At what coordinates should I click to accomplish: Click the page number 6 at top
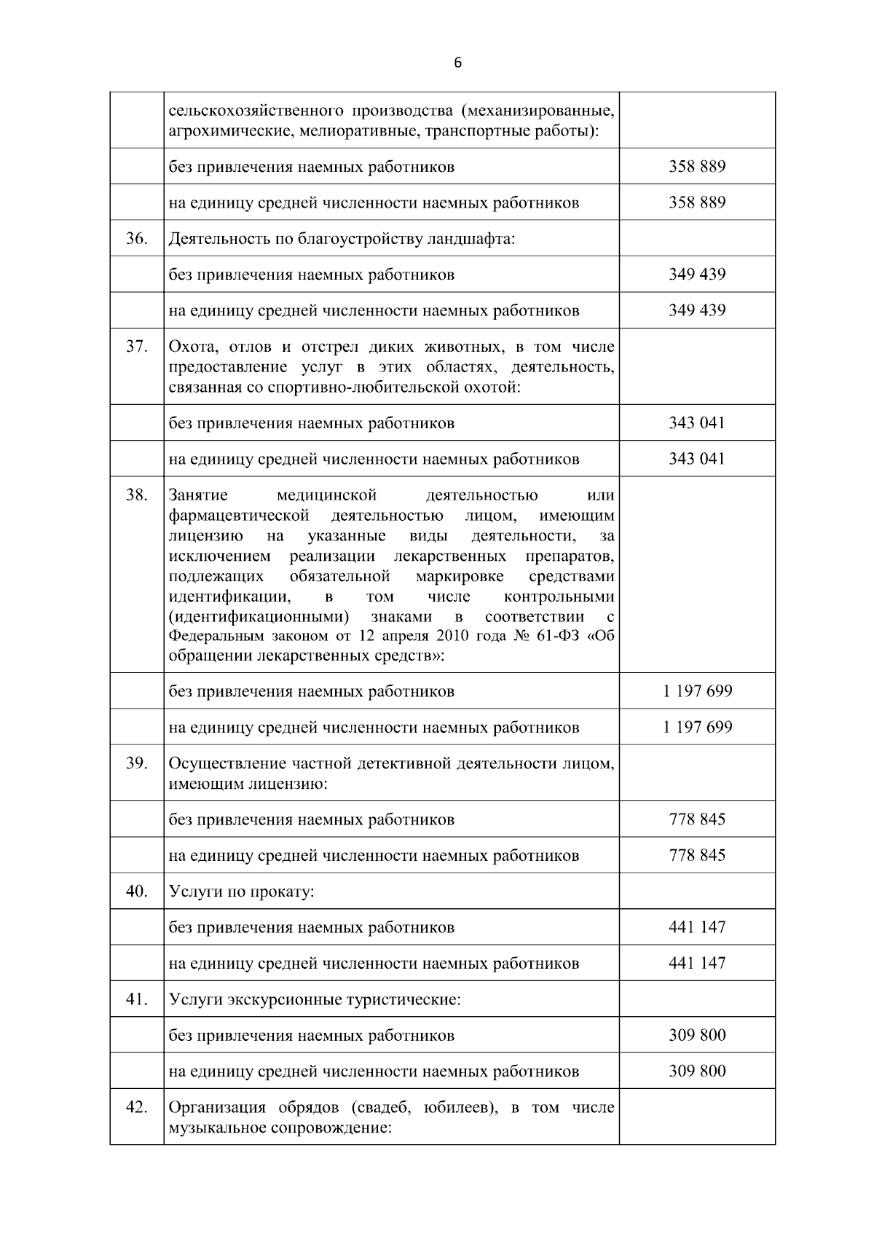[457, 63]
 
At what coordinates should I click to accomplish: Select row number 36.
[136, 238]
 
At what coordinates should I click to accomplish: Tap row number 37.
[136, 347]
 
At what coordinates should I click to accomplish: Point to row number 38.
[136, 495]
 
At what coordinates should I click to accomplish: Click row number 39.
[136, 763]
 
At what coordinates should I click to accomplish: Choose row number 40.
[136, 891]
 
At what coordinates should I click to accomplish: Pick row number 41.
[136, 999]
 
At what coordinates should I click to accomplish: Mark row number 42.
[136, 1107]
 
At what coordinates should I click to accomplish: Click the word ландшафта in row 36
[475, 239]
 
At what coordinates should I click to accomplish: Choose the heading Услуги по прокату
[241, 891]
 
